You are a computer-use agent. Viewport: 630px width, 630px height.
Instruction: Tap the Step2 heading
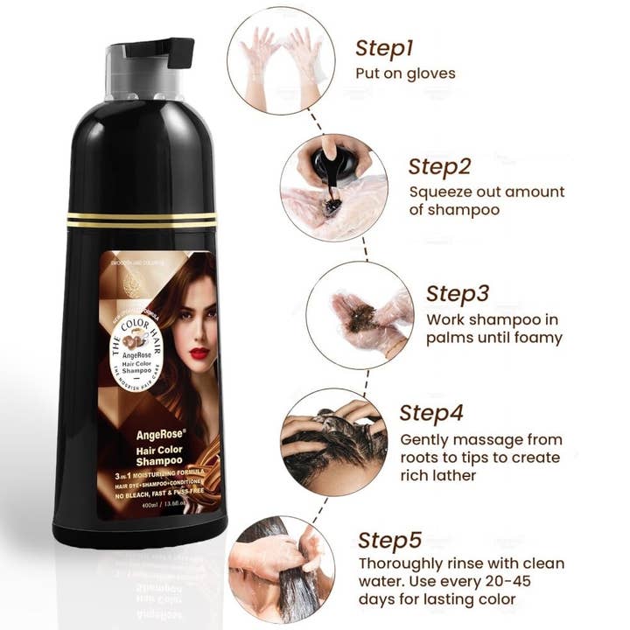(x=441, y=165)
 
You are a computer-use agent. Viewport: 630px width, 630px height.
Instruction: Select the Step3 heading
(x=458, y=293)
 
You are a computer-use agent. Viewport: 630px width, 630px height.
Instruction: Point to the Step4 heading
(x=432, y=412)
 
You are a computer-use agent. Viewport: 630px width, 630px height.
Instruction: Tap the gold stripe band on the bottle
(x=141, y=219)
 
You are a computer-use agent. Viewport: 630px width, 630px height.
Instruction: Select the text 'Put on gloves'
(x=405, y=73)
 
